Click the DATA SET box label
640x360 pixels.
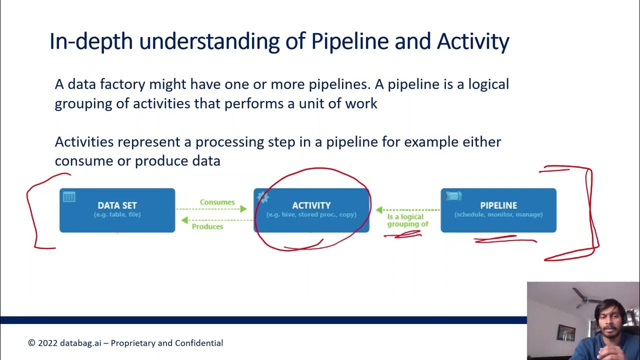pos(117,205)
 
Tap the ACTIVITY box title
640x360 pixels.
pos(311,205)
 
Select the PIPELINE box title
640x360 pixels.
pos(498,205)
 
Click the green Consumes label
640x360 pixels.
pos(217,202)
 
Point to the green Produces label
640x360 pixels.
pos(207,226)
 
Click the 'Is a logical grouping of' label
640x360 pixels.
pos(407,220)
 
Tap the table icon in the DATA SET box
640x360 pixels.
pos(69,197)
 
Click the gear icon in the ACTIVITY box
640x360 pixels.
pos(262,197)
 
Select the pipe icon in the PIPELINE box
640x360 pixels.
pos(453,196)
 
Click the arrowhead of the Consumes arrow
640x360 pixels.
pos(243,209)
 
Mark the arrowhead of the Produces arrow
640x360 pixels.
pos(184,220)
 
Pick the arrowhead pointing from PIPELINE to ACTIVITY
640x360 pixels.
pos(379,210)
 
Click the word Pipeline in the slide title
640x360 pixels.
pos(349,41)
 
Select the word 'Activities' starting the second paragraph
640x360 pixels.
pos(84,141)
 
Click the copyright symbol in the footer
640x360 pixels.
pos(31,343)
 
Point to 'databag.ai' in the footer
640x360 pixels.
pos(80,343)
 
